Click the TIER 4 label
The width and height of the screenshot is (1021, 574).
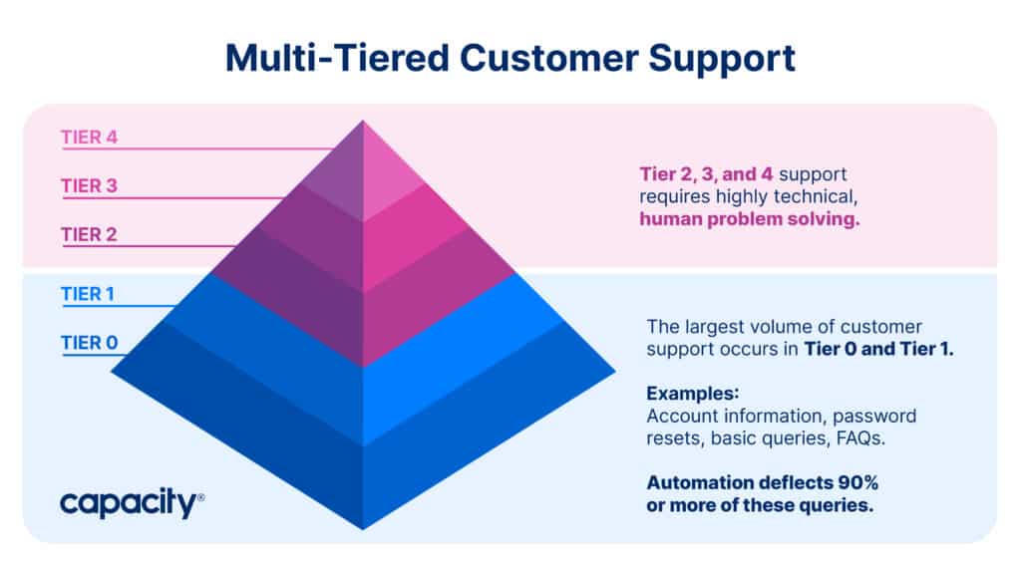point(89,138)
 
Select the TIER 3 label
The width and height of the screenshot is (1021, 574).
point(89,186)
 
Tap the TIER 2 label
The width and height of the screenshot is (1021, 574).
point(89,235)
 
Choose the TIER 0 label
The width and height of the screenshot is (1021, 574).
point(89,344)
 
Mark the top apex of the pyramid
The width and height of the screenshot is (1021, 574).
point(363,122)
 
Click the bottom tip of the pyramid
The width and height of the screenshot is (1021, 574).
point(363,527)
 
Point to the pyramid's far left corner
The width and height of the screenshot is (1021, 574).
point(113,373)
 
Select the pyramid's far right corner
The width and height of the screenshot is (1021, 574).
point(613,373)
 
